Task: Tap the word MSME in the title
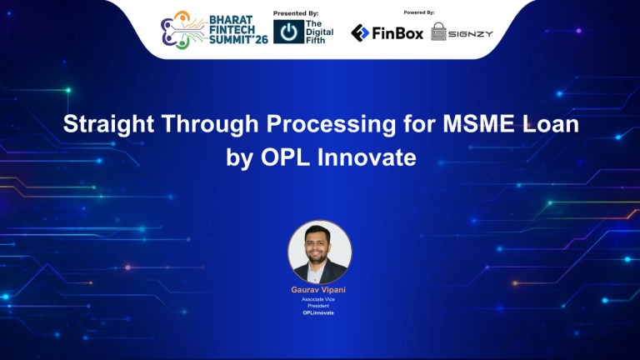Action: pos(469,126)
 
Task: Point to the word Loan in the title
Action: pos(549,126)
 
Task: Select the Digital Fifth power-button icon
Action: pos(288,32)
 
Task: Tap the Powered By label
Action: pos(419,13)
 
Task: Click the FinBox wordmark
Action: pos(398,32)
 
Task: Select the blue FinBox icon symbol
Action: pos(360,32)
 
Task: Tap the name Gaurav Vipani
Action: pos(319,289)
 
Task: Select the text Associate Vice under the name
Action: pos(319,298)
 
